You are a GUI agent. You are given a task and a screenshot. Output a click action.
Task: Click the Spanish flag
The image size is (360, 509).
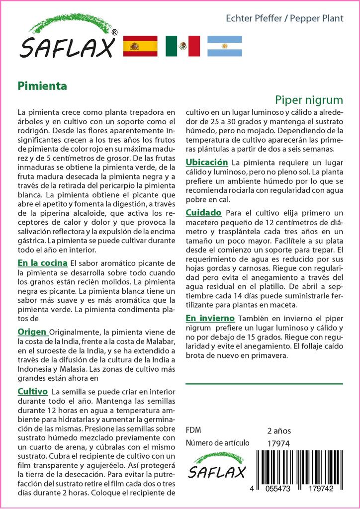pyautogui.click(x=140, y=46)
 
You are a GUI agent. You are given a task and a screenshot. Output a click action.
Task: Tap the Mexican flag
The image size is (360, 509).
pyautogui.click(x=182, y=46)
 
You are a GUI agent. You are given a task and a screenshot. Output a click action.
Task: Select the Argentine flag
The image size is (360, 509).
pyautogui.click(x=225, y=46)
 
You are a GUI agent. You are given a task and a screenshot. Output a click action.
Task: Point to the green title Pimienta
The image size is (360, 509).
pyautogui.click(x=42, y=85)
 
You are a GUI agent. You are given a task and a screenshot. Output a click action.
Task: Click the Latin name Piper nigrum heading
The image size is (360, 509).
pyautogui.click(x=309, y=99)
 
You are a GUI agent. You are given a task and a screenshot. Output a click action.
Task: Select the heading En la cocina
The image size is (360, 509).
pyautogui.click(x=43, y=262)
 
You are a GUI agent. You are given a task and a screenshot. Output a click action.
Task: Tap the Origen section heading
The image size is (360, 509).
pyautogui.click(x=32, y=332)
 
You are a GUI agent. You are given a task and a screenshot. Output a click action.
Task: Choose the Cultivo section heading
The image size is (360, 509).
pyautogui.click(x=32, y=391)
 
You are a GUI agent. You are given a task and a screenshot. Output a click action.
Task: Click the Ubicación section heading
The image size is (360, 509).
pyautogui.click(x=207, y=163)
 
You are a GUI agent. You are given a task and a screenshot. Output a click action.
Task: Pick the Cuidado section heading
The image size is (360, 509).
pyautogui.click(x=203, y=212)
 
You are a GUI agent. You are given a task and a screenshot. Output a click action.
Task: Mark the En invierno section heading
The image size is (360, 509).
pyautogui.click(x=210, y=318)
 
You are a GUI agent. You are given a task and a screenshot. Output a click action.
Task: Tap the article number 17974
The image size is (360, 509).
pyautogui.click(x=278, y=443)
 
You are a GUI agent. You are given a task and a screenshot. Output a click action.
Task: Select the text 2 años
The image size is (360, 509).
pyautogui.click(x=279, y=430)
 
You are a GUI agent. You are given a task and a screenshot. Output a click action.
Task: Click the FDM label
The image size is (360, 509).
pyautogui.click(x=193, y=430)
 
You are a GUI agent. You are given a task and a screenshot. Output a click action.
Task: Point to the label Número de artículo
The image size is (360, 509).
pyautogui.click(x=217, y=443)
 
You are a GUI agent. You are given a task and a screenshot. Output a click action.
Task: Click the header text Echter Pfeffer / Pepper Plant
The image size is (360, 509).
pyautogui.click(x=284, y=19)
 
